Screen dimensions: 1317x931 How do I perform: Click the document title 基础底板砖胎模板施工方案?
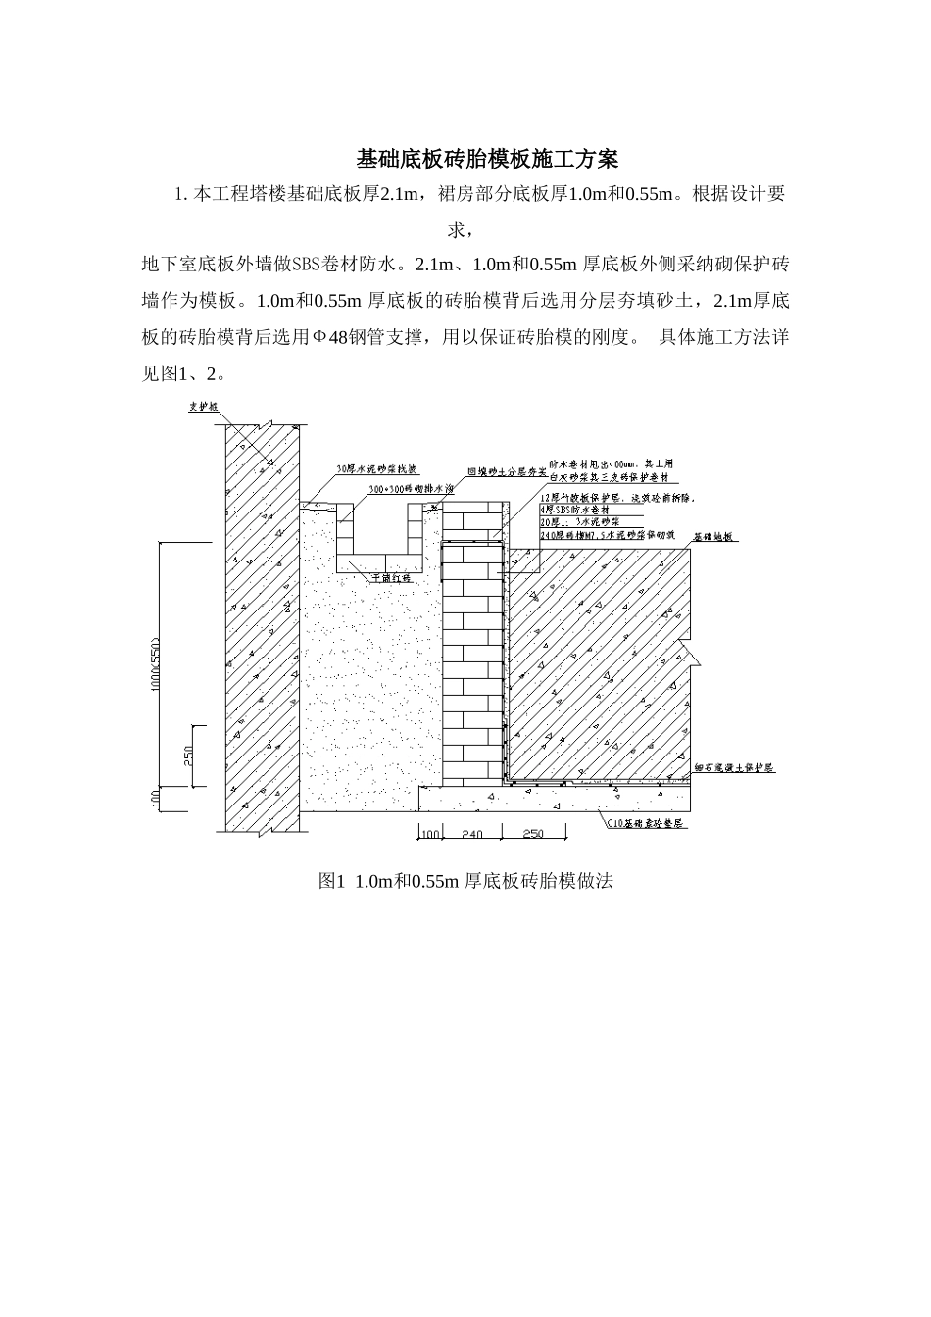click(487, 158)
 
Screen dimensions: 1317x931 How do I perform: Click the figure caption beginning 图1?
click(465, 881)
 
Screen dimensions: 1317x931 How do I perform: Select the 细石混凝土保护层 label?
click(734, 767)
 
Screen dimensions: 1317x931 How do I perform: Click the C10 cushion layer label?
click(649, 825)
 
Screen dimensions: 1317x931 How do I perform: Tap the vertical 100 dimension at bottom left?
click(157, 799)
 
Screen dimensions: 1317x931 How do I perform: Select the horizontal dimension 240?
click(472, 834)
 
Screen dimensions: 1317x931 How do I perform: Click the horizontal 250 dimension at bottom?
click(533, 834)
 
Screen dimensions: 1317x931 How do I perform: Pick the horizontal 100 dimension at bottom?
click(429, 834)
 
